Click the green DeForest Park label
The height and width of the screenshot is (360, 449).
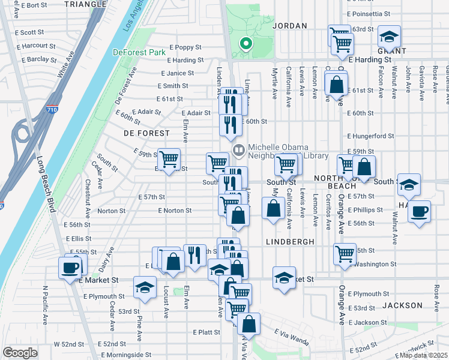(139, 52)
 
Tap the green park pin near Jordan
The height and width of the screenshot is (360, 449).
(245, 44)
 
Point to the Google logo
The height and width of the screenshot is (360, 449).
(20, 353)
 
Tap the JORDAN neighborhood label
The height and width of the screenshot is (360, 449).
(290, 26)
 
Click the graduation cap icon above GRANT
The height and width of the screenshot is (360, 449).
(390, 37)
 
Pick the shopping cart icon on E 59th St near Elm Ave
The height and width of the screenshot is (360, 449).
(169, 159)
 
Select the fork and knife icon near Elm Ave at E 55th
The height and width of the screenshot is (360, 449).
(194, 255)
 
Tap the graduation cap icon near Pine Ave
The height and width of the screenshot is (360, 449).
(145, 287)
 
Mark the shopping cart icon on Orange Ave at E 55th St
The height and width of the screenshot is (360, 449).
(345, 254)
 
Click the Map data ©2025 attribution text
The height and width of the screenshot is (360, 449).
(424, 355)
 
